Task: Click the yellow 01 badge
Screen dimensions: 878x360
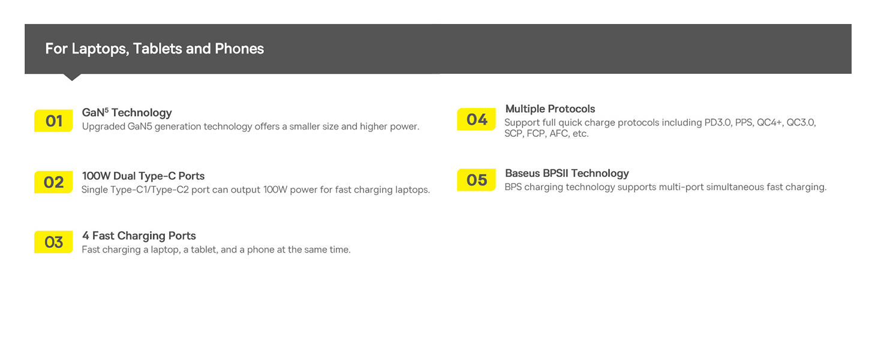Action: pyautogui.click(x=53, y=121)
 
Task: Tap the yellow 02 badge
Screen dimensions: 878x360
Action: pyautogui.click(x=53, y=182)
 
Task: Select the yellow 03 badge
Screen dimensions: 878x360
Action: pyautogui.click(x=53, y=242)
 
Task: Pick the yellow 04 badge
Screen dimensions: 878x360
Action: pyautogui.click(x=476, y=119)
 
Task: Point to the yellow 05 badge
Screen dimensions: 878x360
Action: pyautogui.click(x=476, y=180)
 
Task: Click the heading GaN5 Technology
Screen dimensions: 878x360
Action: pyautogui.click(x=127, y=113)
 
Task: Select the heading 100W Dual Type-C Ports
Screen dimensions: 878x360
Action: pyautogui.click(x=143, y=176)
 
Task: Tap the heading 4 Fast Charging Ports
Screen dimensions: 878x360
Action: pyautogui.click(x=139, y=236)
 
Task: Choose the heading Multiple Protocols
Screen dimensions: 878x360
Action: pyautogui.click(x=550, y=109)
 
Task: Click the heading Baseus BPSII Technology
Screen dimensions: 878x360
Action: pyautogui.click(x=567, y=173)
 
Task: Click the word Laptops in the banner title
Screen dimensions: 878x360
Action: pyautogui.click(x=100, y=49)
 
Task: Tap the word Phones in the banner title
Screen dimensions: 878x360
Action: pyautogui.click(x=239, y=49)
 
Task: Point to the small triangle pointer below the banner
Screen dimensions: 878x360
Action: pyautogui.click(x=72, y=77)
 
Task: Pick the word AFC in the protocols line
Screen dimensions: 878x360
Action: pyautogui.click(x=560, y=134)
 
